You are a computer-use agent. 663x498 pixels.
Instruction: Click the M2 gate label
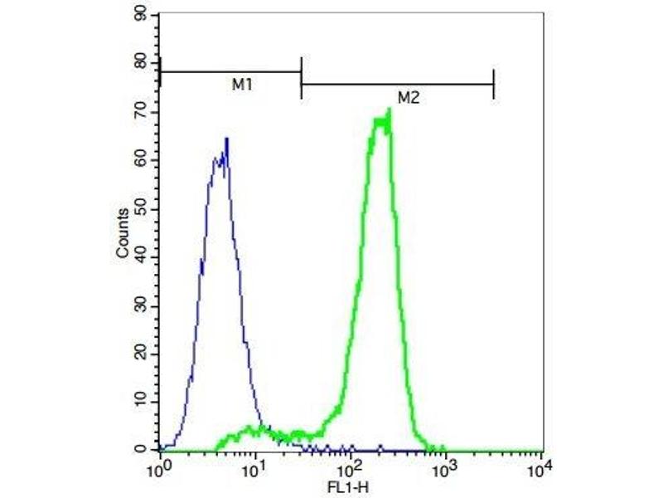pos(408,97)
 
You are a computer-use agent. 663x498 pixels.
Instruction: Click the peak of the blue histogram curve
pos(226,139)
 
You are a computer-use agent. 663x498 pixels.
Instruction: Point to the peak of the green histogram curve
pos(388,110)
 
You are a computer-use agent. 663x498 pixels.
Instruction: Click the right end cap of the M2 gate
pos(494,84)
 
